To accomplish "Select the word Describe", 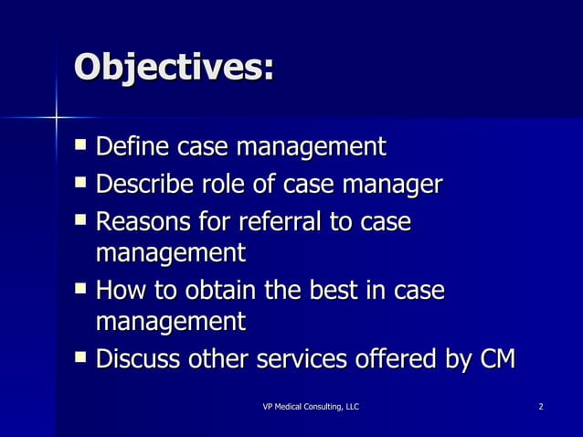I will (x=143, y=185).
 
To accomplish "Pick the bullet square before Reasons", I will (x=83, y=221).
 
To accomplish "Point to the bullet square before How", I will (x=83, y=290).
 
